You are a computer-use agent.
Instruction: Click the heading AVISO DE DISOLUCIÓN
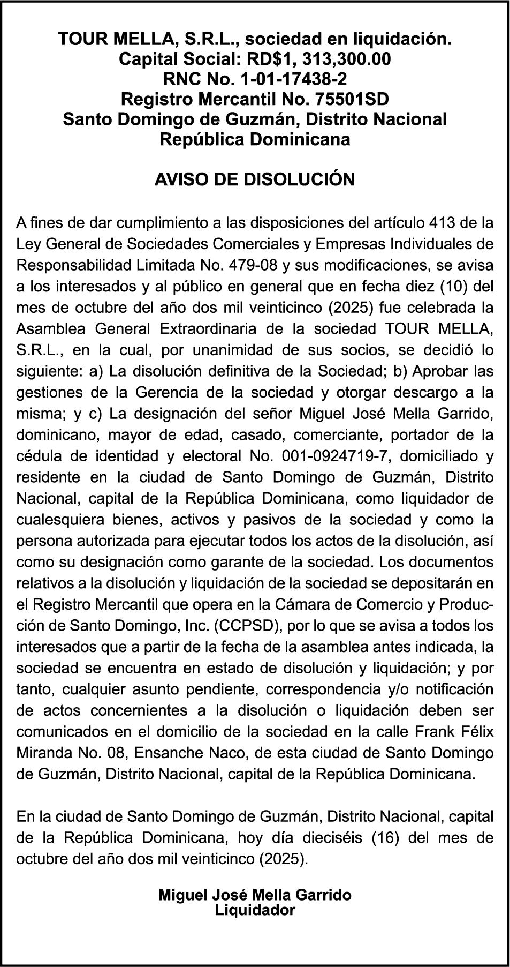point(255,179)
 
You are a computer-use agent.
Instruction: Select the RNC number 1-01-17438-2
point(294,79)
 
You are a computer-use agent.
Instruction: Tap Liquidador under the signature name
point(255,910)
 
